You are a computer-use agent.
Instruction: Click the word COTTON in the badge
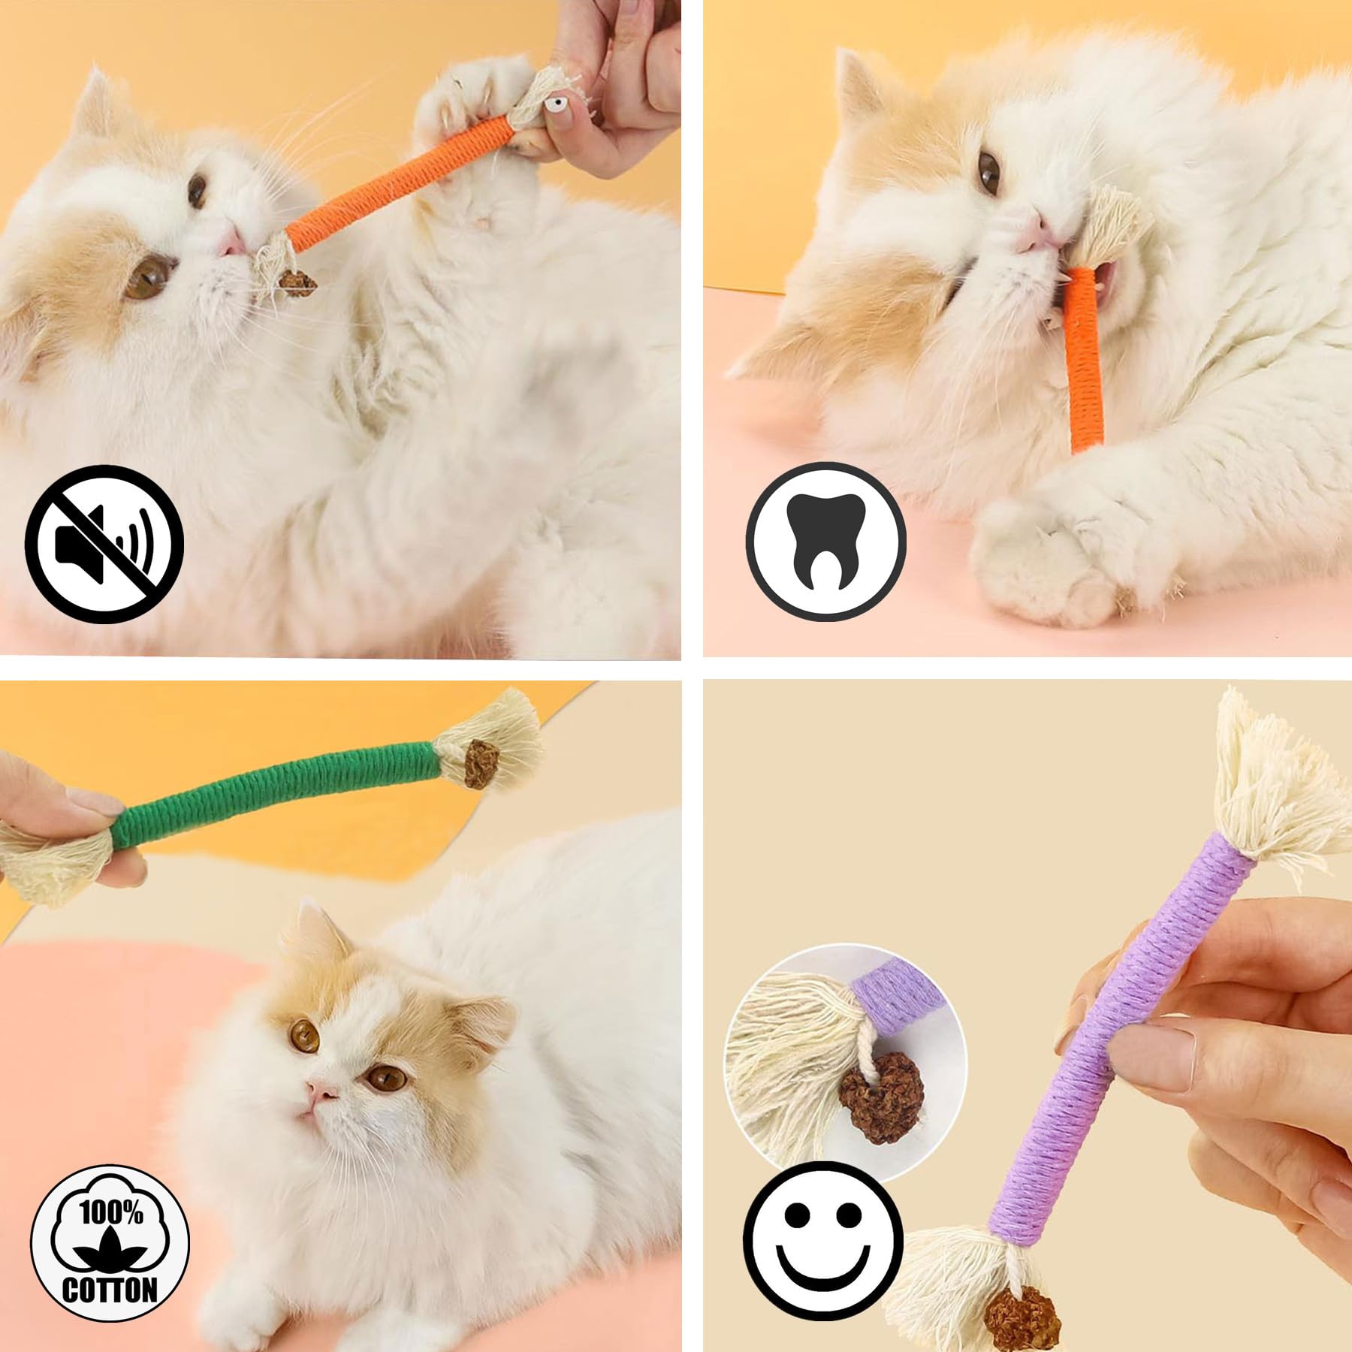point(110,1290)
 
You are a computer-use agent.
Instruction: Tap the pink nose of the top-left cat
point(231,240)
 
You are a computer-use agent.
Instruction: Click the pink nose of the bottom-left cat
point(319,1091)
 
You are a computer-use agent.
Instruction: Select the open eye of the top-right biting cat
point(991,170)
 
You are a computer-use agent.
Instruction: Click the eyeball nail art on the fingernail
point(555,103)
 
